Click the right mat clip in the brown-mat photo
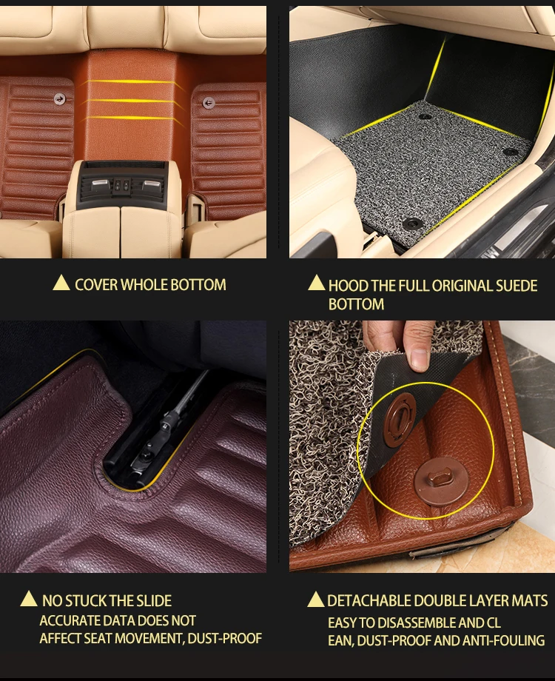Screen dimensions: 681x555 coord(208,102)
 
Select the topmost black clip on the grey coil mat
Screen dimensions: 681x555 coord(425,116)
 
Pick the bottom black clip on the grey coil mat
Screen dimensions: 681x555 coord(412,222)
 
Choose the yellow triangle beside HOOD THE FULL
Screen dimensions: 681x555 coord(316,283)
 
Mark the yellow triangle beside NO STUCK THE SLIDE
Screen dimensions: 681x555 coord(28,599)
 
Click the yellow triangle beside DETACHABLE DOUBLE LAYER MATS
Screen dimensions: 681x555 coord(315,599)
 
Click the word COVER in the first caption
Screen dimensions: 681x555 coord(96,284)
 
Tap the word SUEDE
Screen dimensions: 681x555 coord(513,285)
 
